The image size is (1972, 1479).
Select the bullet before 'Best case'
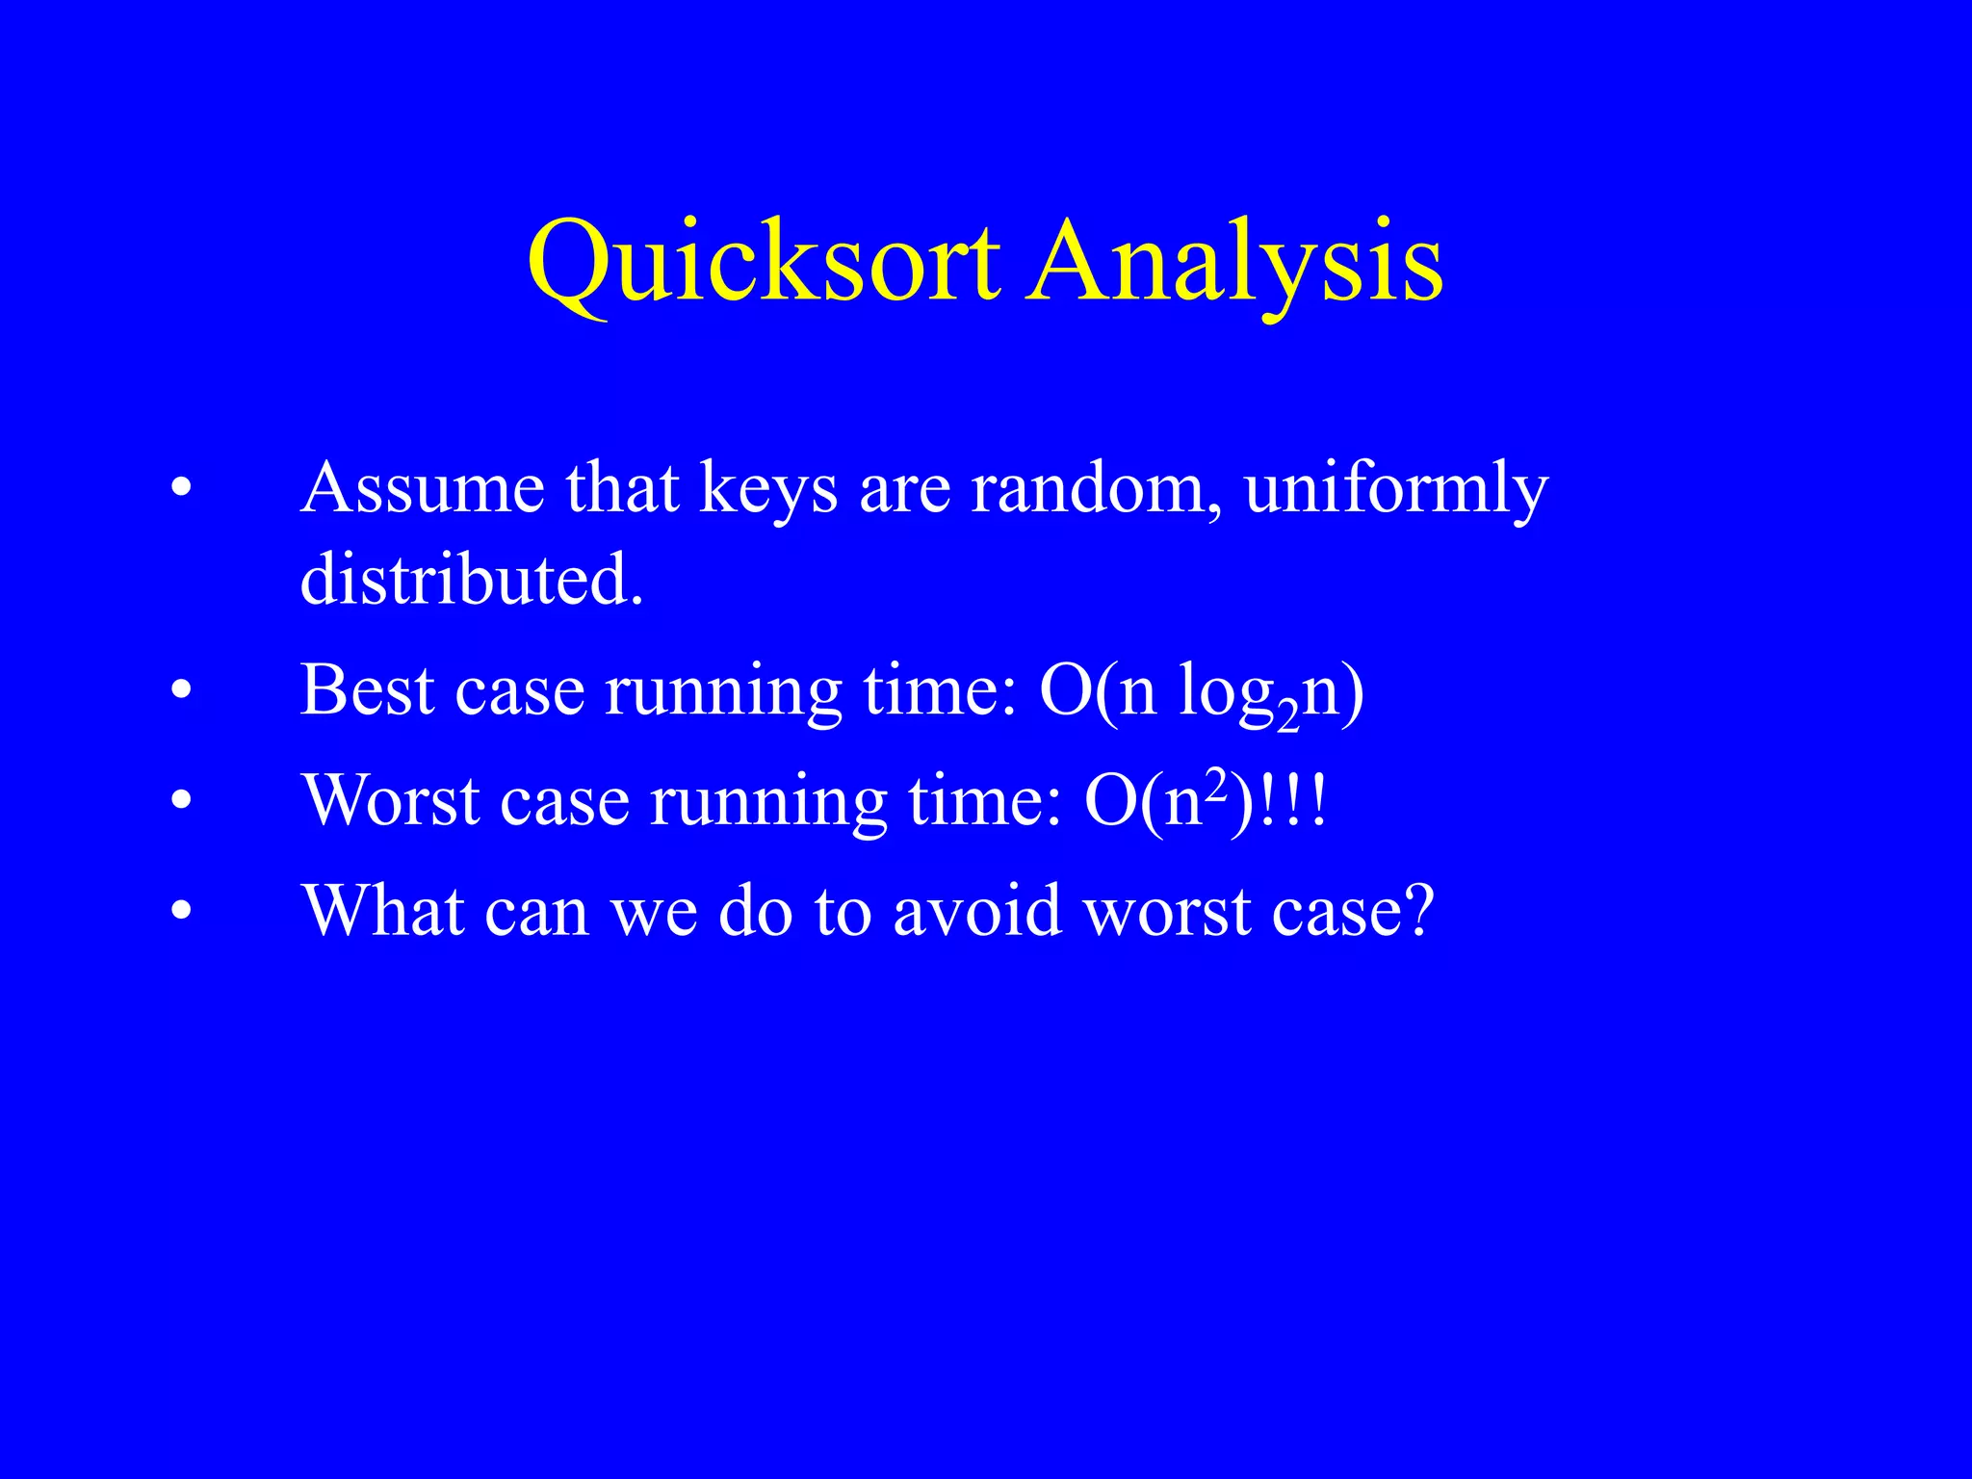click(x=181, y=691)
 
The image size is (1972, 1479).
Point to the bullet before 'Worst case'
click(x=181, y=801)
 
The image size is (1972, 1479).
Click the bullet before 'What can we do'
click(x=181, y=911)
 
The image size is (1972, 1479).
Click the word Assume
click(x=424, y=487)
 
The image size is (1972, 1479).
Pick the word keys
click(x=767, y=489)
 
